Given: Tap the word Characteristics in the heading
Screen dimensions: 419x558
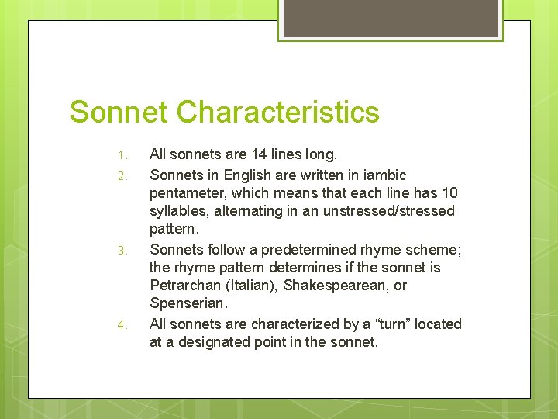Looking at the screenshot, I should tap(277, 112).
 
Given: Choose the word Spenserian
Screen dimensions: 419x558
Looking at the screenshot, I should tap(186, 304).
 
